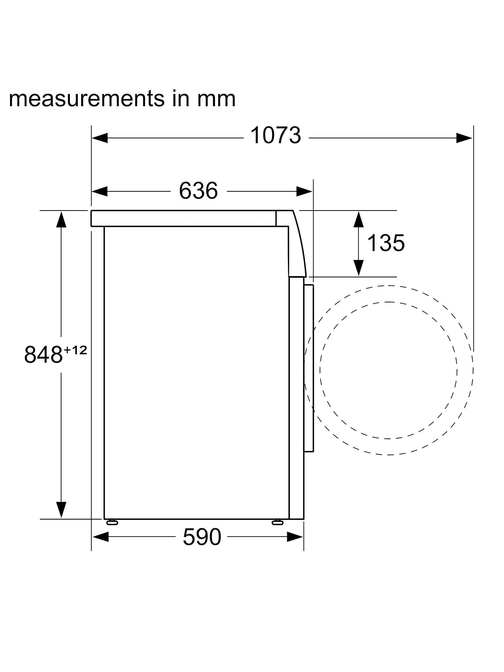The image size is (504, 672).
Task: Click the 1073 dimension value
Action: (276, 135)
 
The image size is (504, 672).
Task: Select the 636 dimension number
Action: (198, 191)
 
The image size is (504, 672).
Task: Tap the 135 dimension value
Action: (386, 243)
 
